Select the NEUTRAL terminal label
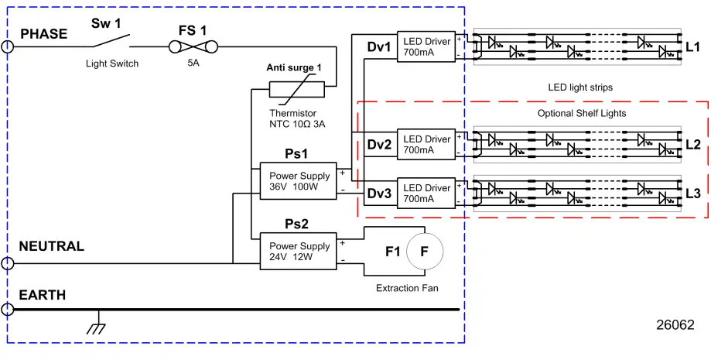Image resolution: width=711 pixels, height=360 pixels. click(x=52, y=246)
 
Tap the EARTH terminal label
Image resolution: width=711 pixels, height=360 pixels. click(x=43, y=295)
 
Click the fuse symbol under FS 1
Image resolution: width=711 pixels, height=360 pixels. click(x=193, y=46)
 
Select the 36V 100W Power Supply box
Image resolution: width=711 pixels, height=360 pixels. click(x=299, y=181)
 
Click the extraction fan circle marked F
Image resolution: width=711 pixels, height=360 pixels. click(x=424, y=251)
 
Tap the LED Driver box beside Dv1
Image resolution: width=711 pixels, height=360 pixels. click(x=426, y=46)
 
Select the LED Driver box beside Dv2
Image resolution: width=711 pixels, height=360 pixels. click(x=426, y=144)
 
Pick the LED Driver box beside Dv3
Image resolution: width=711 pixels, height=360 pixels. click(x=426, y=193)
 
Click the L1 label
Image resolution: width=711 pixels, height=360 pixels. click(x=692, y=47)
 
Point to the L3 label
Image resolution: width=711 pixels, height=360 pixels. click(x=692, y=193)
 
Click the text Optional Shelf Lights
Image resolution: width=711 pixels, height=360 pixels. click(x=582, y=113)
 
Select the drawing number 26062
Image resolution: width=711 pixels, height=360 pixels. click(x=675, y=326)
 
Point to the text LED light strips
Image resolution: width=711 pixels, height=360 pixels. click(x=580, y=87)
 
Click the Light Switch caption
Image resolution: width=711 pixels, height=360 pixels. click(x=112, y=63)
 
